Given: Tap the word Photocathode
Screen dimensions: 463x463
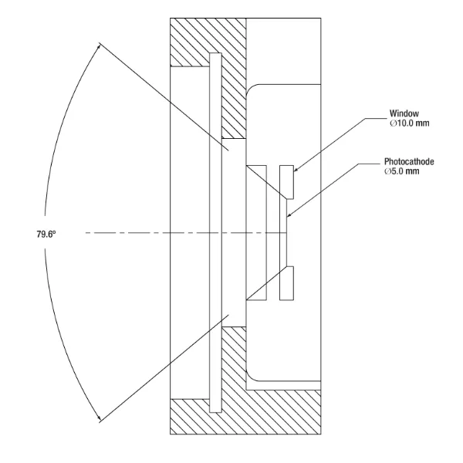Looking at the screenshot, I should point(408,163).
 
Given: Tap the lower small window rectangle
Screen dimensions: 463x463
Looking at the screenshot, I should point(287,283).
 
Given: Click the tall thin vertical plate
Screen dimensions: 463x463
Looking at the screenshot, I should point(215,231).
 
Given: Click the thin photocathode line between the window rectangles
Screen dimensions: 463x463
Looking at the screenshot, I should point(288,231).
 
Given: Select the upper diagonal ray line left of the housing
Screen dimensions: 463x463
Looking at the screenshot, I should point(154,93).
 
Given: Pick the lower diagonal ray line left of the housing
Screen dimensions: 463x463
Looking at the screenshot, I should point(154,370).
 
